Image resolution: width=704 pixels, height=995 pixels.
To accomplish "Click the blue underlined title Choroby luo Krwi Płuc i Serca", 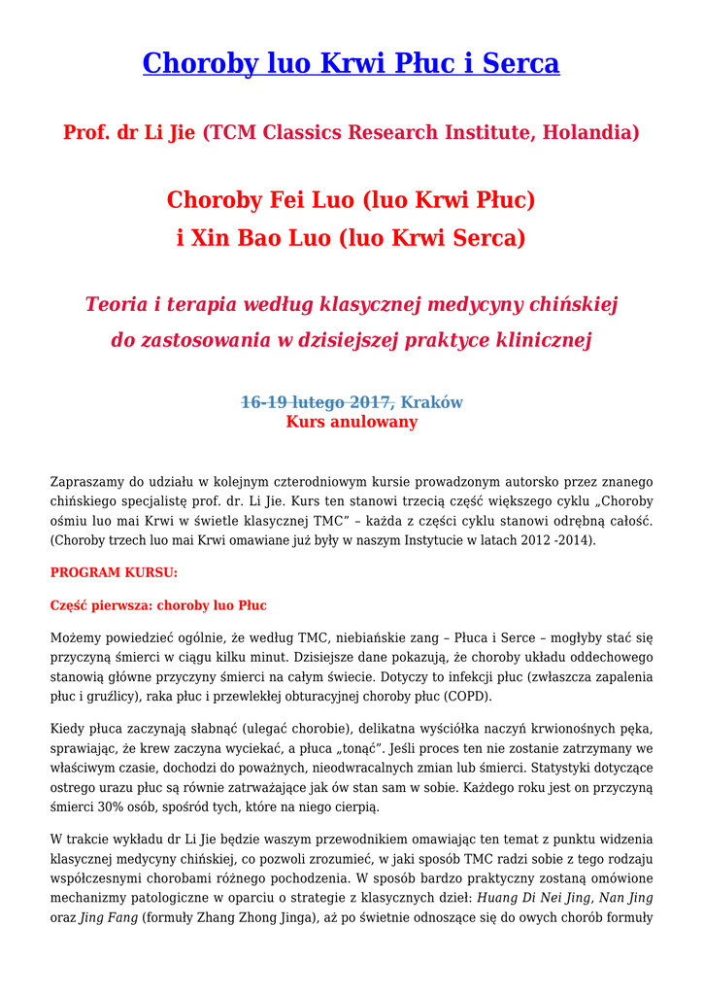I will coord(351,63).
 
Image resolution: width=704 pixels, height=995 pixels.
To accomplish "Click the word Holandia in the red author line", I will coord(586,132).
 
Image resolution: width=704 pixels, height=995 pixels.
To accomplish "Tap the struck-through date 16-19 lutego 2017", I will coord(316,402).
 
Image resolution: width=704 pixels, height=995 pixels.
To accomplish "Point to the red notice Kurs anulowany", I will coord(352,422).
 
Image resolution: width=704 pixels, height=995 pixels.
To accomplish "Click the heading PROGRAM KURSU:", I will coord(114,573).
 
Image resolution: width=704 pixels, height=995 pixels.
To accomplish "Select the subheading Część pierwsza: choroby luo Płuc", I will coord(158,605).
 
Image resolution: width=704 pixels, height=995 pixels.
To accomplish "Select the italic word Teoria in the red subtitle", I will coord(117,305).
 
